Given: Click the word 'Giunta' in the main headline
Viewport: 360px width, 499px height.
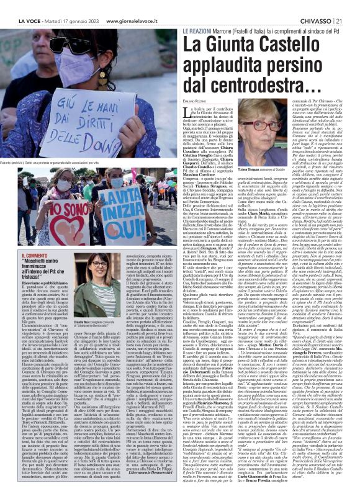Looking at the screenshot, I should [230, 44].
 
